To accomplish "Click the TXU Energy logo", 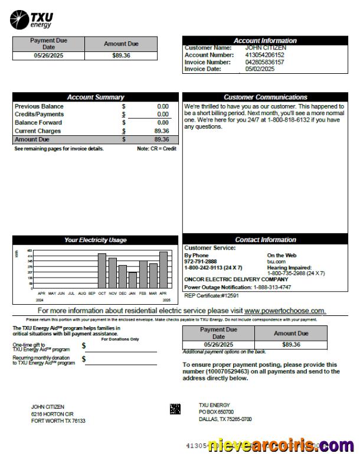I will [x=31, y=19].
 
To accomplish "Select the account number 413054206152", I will [x=264, y=55].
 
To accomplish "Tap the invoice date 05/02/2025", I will [x=260, y=69].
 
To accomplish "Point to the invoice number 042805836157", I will [x=264, y=62].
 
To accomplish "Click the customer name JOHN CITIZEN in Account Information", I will [x=266, y=48].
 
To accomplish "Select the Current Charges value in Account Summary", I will [x=161, y=131].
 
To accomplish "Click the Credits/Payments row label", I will [x=39, y=115].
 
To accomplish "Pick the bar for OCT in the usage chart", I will [x=102, y=271].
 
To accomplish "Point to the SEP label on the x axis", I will [x=91, y=293].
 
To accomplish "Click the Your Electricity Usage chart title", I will [x=95, y=240].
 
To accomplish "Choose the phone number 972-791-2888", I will [x=201, y=261].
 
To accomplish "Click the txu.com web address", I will [x=276, y=261].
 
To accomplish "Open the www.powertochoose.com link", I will [x=284, y=311].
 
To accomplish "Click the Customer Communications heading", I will [x=265, y=97].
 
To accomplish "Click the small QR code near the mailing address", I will [x=175, y=409].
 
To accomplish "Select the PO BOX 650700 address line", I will [x=216, y=412].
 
